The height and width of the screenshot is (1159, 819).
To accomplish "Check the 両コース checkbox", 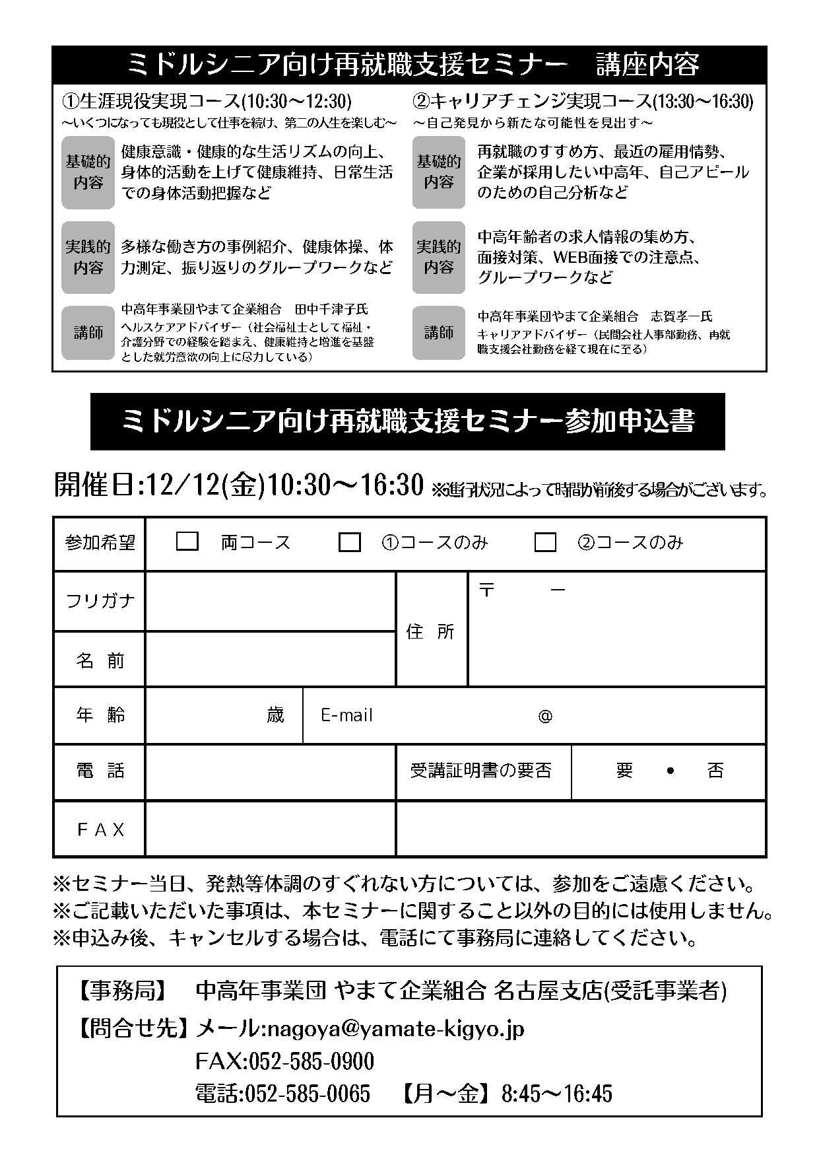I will click(187, 542).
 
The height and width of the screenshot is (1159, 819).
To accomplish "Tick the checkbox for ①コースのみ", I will click(349, 542).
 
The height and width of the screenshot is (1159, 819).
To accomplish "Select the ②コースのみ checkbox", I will click(545, 542).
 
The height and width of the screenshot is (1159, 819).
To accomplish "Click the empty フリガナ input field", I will click(270, 601).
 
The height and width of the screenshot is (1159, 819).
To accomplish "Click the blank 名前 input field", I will click(270, 660).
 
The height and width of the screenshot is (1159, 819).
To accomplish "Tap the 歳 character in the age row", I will click(275, 715).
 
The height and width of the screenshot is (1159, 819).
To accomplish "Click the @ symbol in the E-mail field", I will click(545, 716).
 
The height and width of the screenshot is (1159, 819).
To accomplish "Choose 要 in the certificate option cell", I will click(624, 771).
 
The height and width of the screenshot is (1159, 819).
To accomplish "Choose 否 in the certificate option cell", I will click(715, 771).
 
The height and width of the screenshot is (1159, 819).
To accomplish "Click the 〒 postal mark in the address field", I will click(487, 590).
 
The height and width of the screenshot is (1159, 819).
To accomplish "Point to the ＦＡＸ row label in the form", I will click(100, 829).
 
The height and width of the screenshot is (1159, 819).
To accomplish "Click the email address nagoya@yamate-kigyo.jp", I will click(393, 1028).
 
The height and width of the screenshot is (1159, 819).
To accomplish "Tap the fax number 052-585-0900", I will click(309, 1061).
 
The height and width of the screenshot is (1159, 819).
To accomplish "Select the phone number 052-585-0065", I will click(308, 1093).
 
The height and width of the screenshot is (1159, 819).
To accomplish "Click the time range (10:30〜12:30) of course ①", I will click(296, 101).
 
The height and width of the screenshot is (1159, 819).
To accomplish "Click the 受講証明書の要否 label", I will click(481, 771).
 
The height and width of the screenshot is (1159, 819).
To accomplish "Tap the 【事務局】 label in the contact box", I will click(123, 991).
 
